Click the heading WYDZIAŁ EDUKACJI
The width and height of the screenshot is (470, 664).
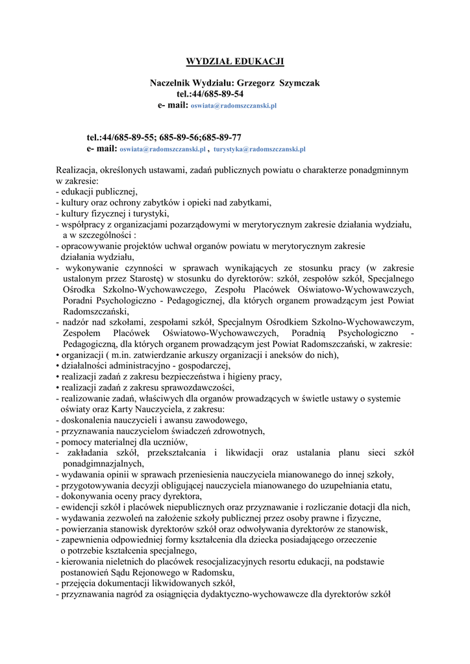[x=235, y=62]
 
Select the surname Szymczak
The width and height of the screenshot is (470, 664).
[x=299, y=83]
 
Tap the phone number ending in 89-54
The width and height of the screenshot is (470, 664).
[x=205, y=93]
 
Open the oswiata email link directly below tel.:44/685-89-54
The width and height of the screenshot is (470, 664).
[x=234, y=105]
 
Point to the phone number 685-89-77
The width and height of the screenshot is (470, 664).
[x=221, y=137]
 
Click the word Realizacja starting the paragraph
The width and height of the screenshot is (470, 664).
[x=77, y=170]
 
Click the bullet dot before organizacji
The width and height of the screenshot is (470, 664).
[x=58, y=355]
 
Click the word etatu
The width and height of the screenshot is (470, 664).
[x=378, y=486]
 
